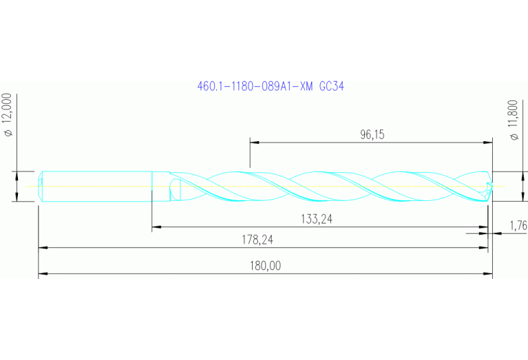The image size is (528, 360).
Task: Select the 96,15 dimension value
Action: (372, 135)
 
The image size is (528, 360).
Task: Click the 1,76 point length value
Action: (518, 225)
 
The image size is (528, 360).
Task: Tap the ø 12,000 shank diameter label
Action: (9, 115)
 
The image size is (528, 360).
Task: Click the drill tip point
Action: (491, 186)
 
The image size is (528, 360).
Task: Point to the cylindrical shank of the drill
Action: (96, 186)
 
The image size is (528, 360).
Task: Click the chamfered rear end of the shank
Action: (41, 186)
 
